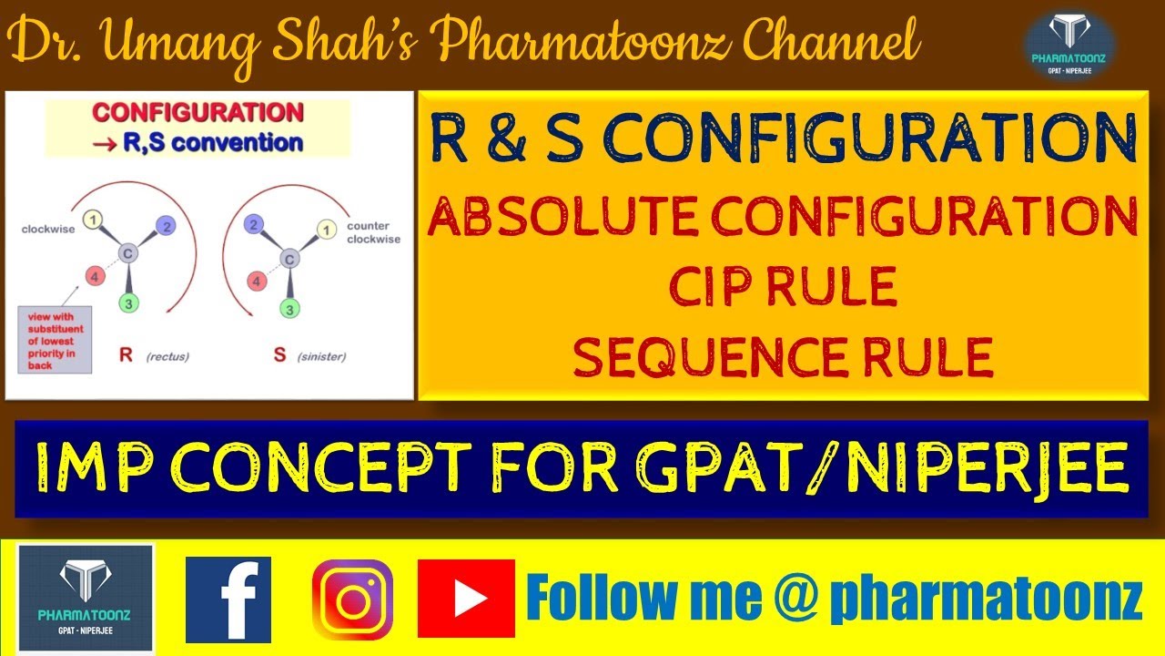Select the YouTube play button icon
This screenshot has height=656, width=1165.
pos(466,599)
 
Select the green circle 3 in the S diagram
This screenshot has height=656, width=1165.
pos(289,310)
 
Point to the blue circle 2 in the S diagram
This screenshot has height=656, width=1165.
pos(256,224)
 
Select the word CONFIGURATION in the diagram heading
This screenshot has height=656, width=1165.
pos(198,113)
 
